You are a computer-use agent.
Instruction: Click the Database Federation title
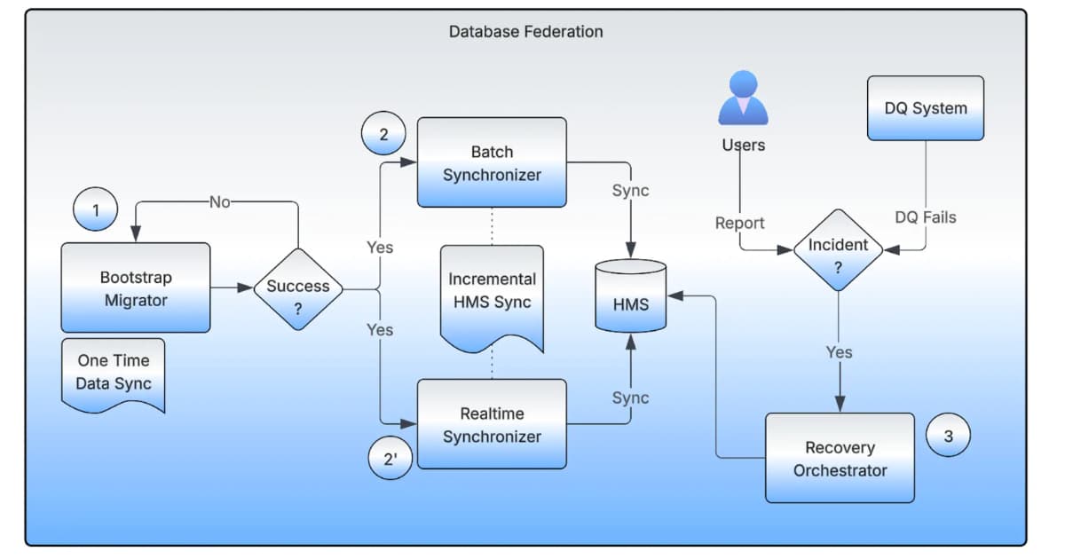[525, 32]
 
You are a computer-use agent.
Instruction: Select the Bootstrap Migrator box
[136, 288]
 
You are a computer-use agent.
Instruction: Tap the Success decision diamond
[298, 289]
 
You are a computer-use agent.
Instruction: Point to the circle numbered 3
[948, 436]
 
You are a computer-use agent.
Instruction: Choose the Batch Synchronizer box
[492, 162]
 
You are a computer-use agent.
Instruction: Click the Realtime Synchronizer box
[492, 424]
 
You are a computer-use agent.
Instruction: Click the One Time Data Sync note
[114, 374]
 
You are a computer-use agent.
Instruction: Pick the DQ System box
[926, 108]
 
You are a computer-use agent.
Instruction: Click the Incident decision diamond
[838, 250]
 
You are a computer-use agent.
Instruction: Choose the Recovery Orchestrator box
[840, 458]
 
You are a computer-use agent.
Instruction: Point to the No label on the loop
[219, 202]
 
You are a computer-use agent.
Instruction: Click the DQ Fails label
[926, 217]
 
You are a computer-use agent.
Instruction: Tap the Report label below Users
[739, 223]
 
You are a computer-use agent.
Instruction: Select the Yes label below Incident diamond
[839, 352]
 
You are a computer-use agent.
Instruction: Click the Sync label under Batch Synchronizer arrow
[630, 191]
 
